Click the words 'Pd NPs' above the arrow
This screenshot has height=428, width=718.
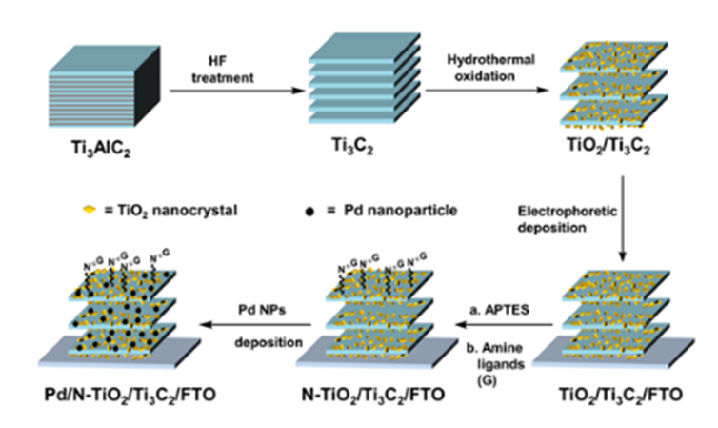258,308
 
